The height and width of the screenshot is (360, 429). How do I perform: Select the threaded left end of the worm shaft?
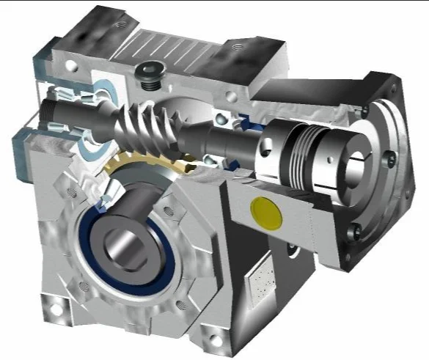point(54,114)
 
